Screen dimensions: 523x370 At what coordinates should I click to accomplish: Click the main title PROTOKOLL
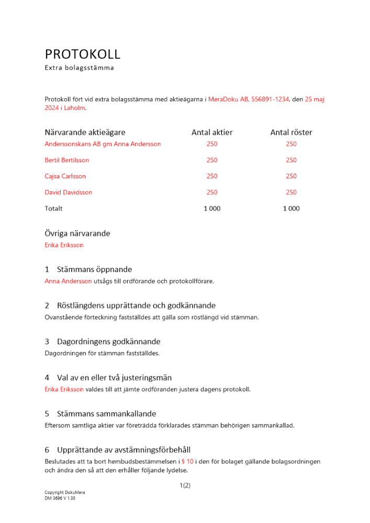point(83,54)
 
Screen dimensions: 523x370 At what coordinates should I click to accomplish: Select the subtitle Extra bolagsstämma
point(79,68)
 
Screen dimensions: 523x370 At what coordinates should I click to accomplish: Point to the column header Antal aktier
point(212,132)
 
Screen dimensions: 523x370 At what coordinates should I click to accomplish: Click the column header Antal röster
point(291,132)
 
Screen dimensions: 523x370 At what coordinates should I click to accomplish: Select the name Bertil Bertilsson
point(67,160)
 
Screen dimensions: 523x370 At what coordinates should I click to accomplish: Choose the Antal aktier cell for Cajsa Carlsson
point(212,176)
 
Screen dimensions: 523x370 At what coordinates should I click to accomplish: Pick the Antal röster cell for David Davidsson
point(291,192)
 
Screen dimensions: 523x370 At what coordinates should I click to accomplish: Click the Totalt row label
point(53,209)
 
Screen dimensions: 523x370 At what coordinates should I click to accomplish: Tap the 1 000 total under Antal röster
point(291,209)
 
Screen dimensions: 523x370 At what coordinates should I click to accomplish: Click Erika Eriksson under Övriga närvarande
point(64,245)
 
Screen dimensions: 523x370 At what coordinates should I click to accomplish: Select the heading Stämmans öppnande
point(95,269)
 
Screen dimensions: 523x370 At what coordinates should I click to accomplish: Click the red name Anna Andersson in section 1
point(68,281)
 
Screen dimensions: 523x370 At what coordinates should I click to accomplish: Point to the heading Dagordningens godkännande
point(108,342)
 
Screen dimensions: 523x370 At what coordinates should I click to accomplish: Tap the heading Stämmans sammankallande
point(106,414)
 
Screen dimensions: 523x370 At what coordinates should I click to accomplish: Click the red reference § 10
point(187,461)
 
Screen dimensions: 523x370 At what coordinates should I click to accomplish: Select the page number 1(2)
point(185,485)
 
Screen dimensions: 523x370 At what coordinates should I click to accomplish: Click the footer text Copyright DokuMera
point(64,493)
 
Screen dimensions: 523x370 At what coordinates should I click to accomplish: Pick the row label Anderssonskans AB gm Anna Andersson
point(103,144)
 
